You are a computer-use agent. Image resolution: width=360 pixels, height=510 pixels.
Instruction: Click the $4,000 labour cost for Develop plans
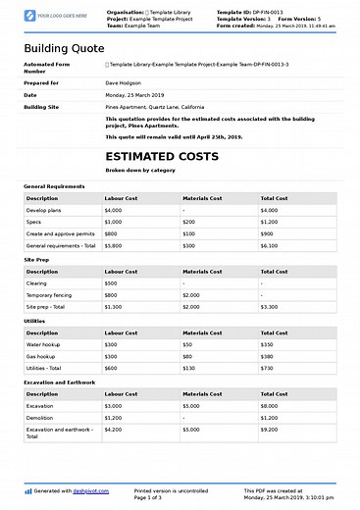coord(113,210)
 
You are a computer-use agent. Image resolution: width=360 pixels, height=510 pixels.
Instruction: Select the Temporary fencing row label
coord(52,295)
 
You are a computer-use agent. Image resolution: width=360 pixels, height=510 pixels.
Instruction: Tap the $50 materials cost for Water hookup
coord(187,344)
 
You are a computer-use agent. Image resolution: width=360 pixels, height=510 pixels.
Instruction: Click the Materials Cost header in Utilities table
coord(202,332)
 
